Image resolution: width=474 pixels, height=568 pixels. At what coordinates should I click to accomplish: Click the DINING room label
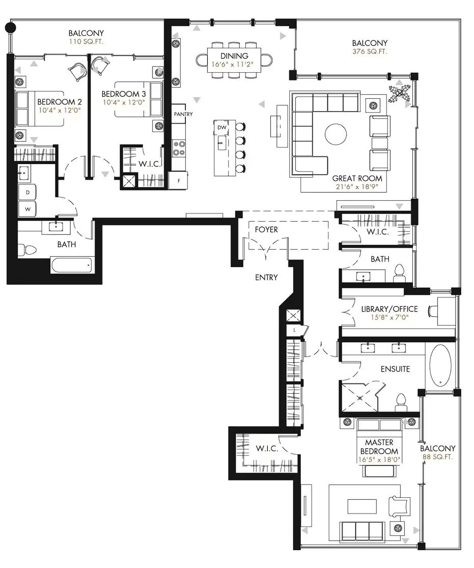pos(234,56)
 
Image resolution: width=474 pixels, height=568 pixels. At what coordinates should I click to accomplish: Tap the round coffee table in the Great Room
pos(336,134)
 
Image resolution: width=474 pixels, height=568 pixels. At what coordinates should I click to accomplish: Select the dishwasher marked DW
pos(221,127)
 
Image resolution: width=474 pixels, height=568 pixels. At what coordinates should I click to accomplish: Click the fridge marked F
pos(179,180)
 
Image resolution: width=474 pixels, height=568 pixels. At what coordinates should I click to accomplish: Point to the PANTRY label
pos(183,114)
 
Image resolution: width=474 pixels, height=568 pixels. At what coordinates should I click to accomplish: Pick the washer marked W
pos(28,209)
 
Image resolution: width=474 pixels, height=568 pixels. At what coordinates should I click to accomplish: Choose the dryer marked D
pos(28,193)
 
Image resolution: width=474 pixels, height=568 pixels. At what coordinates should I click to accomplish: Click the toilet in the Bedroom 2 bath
pos(28,250)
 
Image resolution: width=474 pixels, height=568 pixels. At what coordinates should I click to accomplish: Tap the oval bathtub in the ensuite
pos(440,365)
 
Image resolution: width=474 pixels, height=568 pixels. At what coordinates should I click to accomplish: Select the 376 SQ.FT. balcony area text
pos(370,51)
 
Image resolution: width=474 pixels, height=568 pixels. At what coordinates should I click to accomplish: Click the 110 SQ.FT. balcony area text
pos(86,41)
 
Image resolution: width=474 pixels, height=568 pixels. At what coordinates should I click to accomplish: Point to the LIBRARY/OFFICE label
pos(389,309)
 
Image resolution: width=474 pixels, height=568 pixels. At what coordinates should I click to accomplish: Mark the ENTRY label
pos(266,278)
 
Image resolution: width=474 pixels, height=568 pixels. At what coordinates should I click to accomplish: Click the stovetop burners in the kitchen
pos(179,148)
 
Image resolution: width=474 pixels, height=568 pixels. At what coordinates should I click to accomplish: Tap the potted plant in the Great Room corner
pos(399,93)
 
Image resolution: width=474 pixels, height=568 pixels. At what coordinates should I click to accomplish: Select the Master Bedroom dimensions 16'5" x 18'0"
pos(379,459)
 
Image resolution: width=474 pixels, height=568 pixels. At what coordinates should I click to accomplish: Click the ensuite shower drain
pos(360,398)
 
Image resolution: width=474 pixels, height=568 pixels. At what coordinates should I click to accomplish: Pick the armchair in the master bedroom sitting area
pos(399,506)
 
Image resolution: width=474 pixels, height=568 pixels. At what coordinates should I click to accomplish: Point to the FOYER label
pos(266,230)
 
